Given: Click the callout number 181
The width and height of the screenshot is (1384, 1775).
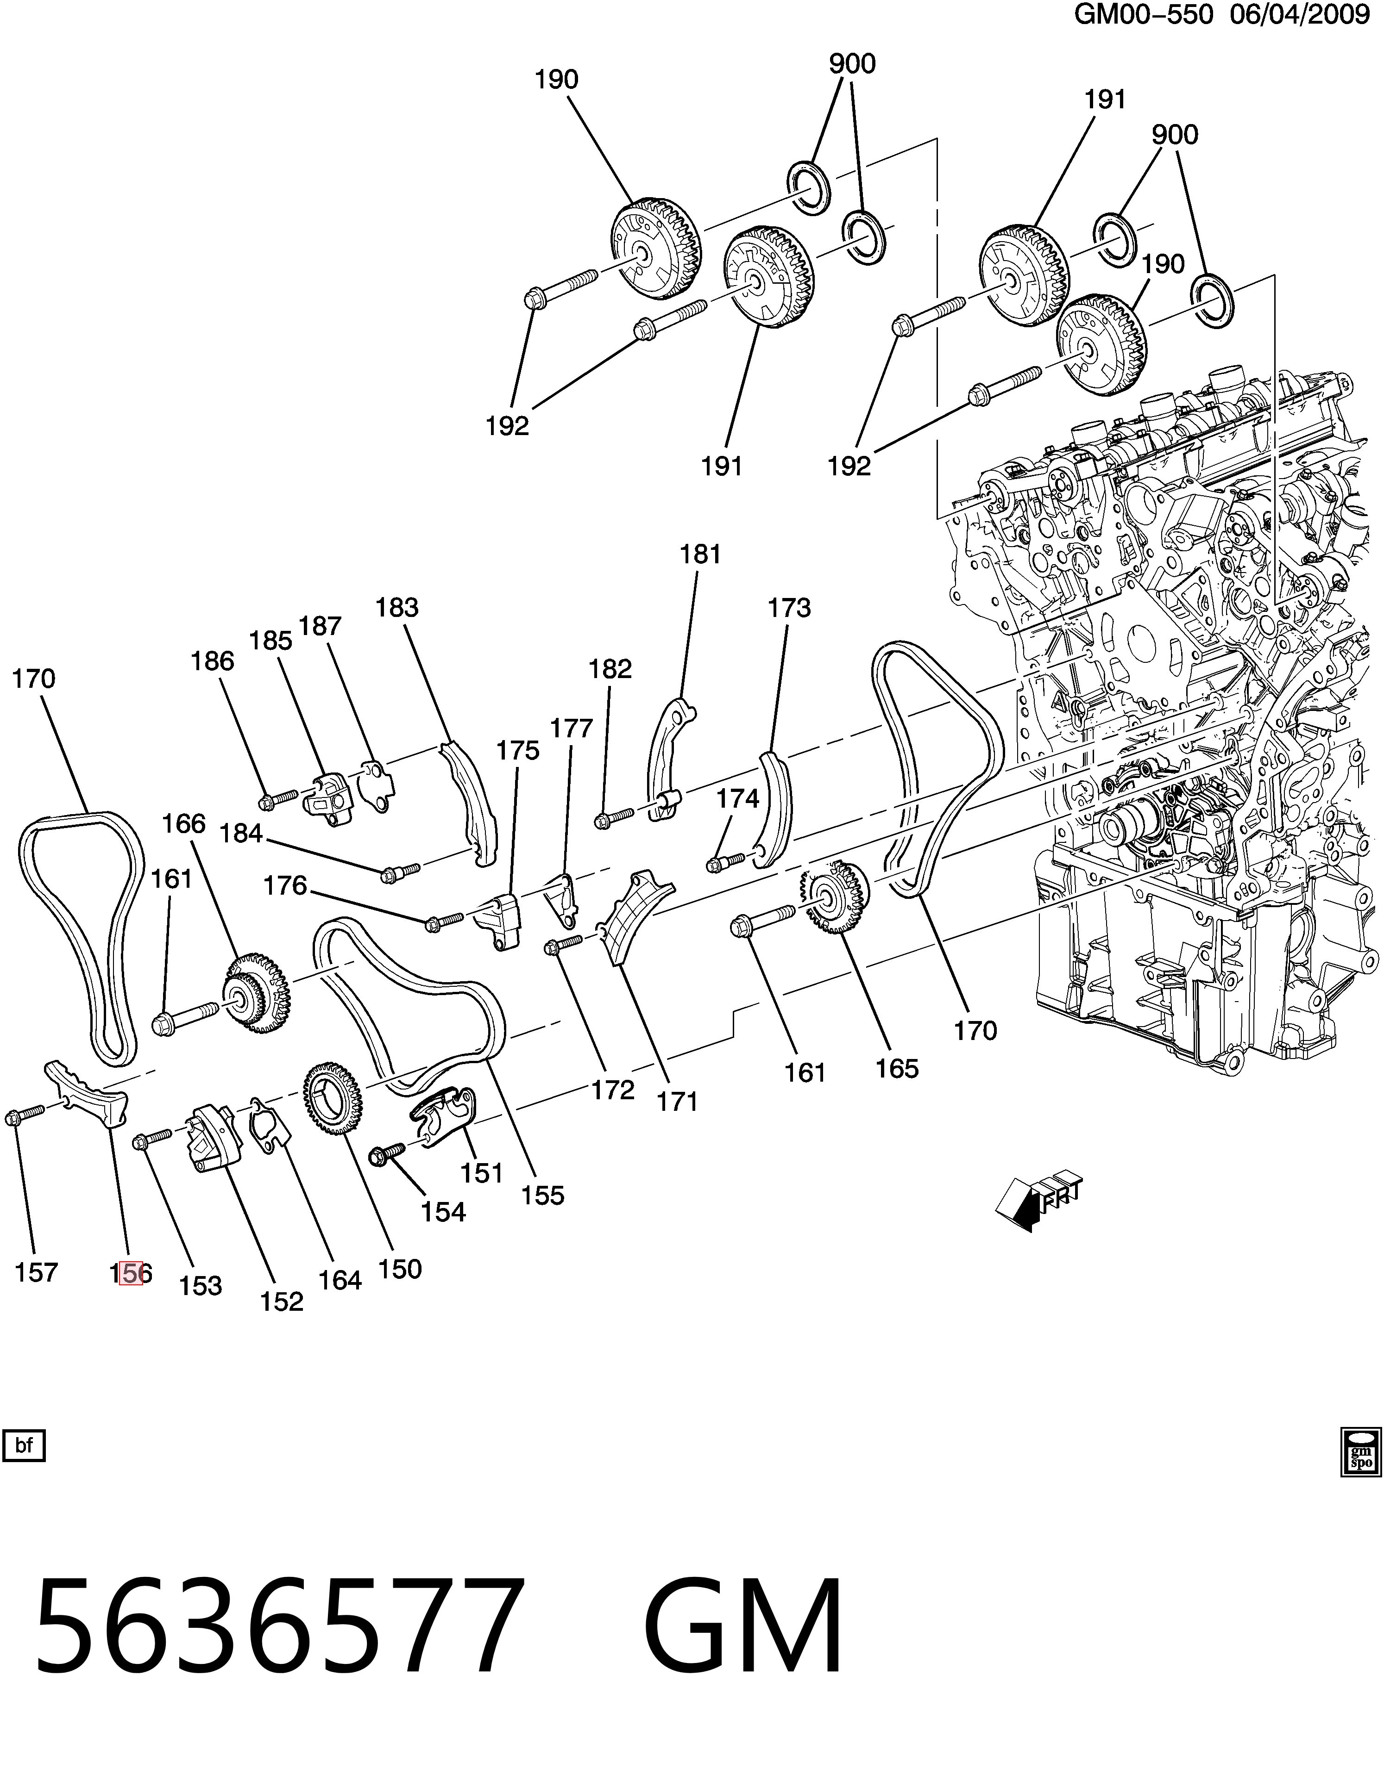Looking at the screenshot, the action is tap(700, 554).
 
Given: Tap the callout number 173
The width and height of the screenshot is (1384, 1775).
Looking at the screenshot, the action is tap(790, 607).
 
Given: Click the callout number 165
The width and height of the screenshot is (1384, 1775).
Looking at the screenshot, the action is tap(897, 1068).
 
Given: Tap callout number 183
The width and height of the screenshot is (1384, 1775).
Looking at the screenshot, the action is tap(397, 607).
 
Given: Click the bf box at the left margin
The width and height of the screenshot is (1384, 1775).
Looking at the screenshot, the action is tap(25, 1446).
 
